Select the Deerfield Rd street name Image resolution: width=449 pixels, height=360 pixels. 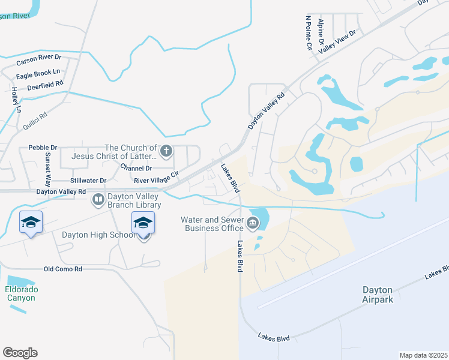pos(45,86)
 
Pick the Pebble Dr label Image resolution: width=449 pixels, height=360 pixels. pos(43,147)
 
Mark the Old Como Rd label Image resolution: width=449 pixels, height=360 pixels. pos(62,269)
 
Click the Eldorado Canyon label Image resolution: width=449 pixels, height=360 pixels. pos(22,293)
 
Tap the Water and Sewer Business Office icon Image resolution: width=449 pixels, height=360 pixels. pos(253,224)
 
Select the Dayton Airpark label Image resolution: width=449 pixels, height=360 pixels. pos(378,295)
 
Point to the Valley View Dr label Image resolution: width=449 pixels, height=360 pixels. pos(337,43)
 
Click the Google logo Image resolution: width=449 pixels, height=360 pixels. pos(20,353)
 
